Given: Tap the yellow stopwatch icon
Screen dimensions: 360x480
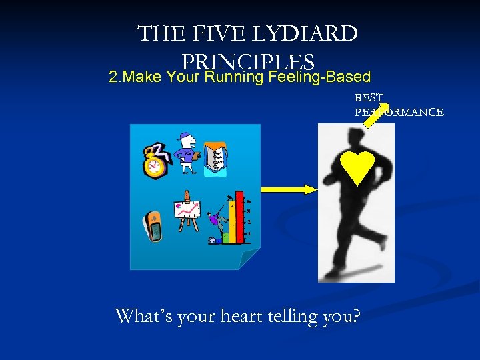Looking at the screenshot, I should click(x=155, y=160).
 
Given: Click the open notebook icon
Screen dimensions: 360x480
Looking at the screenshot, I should click(x=215, y=159).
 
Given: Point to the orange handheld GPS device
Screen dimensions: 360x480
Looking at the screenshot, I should click(x=153, y=226).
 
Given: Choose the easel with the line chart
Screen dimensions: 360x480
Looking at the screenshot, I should click(x=187, y=211).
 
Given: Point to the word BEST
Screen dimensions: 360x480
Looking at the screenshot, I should click(x=369, y=98).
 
